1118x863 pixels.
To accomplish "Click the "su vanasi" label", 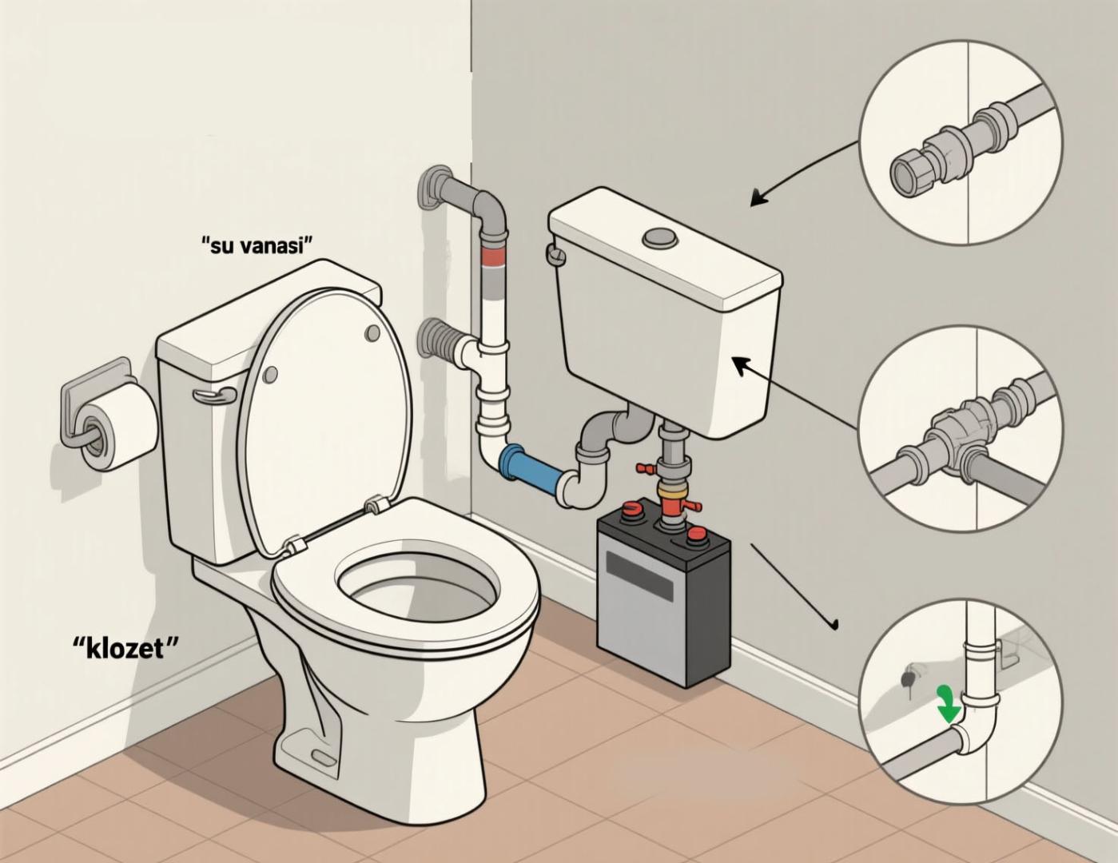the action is [x=257, y=245].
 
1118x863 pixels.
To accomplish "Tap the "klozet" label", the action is [x=125, y=649].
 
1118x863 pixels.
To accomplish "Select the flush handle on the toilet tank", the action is [x=214, y=395].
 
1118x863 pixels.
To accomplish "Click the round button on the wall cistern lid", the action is [x=659, y=237].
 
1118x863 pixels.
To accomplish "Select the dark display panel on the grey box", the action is [x=639, y=576].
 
